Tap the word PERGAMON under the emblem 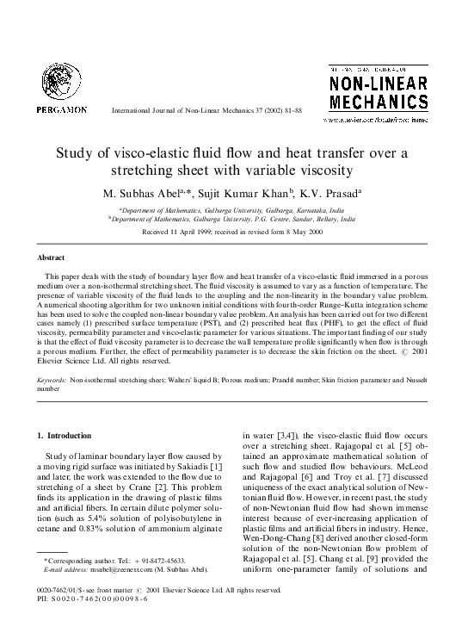tap(61, 110)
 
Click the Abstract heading tap(52, 257)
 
